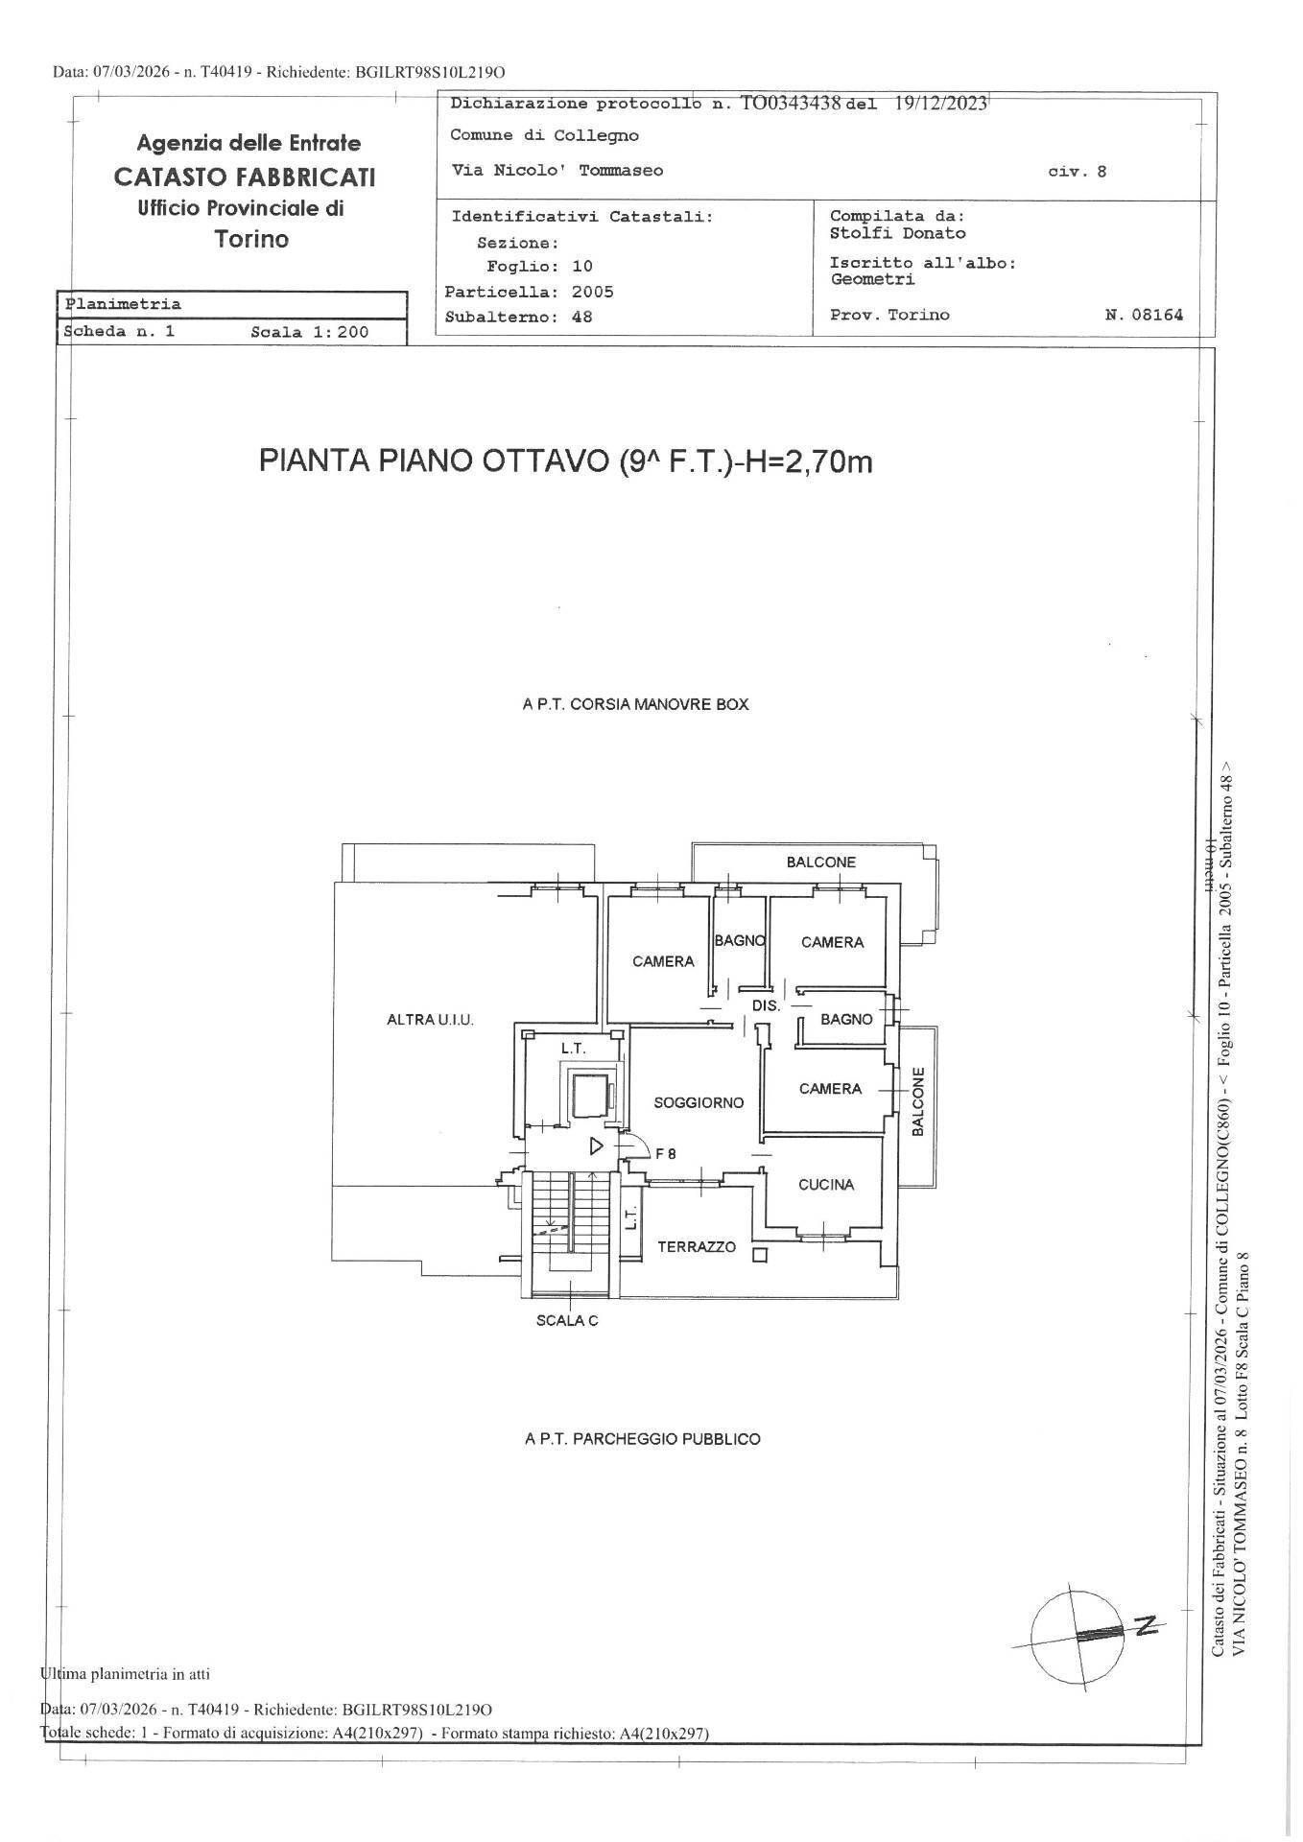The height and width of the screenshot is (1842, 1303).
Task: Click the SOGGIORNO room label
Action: (699, 1103)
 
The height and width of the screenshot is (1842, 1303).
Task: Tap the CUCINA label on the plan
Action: (826, 1185)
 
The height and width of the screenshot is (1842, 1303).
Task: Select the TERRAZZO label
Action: (697, 1247)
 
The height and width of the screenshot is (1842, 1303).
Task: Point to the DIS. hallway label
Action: (766, 1006)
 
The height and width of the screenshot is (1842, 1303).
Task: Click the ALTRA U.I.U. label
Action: (430, 1020)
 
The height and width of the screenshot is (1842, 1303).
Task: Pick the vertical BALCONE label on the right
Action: (917, 1101)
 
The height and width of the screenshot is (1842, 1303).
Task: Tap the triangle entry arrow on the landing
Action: (595, 1145)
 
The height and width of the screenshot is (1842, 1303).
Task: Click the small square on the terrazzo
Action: (760, 1255)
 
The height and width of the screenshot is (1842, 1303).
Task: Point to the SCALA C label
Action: (567, 1321)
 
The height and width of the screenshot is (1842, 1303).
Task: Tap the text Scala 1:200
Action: (310, 333)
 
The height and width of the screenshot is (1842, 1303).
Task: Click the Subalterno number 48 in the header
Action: (581, 317)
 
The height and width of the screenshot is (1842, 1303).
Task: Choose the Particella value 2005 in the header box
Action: (592, 292)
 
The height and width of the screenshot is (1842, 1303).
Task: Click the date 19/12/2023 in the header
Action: (941, 105)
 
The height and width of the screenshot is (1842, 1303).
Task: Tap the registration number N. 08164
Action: (1145, 315)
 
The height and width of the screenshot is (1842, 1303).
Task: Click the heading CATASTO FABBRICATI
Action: (245, 177)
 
